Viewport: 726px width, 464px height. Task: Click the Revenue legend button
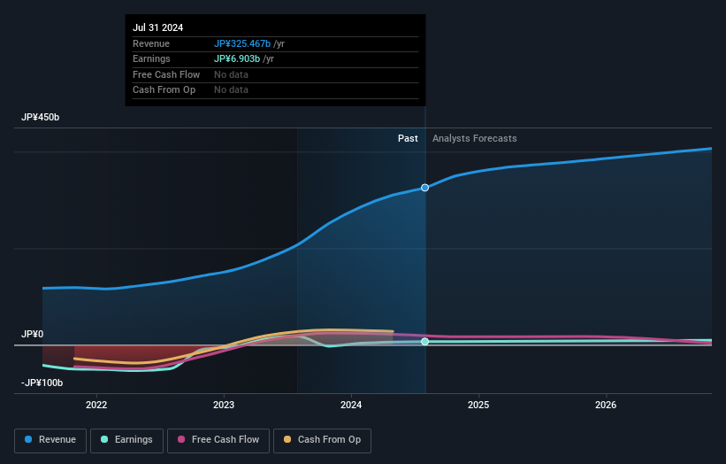tap(50, 440)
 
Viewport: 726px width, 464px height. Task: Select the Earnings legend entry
tap(126, 440)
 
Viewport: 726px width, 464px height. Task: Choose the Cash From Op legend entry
tap(324, 440)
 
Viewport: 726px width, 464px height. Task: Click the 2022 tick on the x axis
tap(96, 405)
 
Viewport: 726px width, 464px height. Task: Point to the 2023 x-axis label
tap(224, 405)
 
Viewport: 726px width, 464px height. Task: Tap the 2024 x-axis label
tap(351, 405)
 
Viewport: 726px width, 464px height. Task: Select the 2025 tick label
tap(478, 405)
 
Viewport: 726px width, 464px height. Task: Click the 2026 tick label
tap(606, 405)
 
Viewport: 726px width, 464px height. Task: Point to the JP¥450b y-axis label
tap(41, 118)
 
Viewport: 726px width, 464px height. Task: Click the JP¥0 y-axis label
tap(32, 334)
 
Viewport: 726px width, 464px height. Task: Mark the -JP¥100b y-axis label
tap(42, 383)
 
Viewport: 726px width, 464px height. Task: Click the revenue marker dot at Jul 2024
tap(425, 188)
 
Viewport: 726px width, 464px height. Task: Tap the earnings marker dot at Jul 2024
tap(425, 341)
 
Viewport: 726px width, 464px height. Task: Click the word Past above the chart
tap(408, 138)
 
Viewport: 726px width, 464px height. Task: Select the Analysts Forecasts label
tap(474, 138)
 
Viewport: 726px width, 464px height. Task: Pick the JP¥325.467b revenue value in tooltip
tap(243, 43)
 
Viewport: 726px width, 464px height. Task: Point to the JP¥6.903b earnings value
tap(237, 58)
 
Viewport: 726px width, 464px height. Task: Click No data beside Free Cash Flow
tap(231, 74)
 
